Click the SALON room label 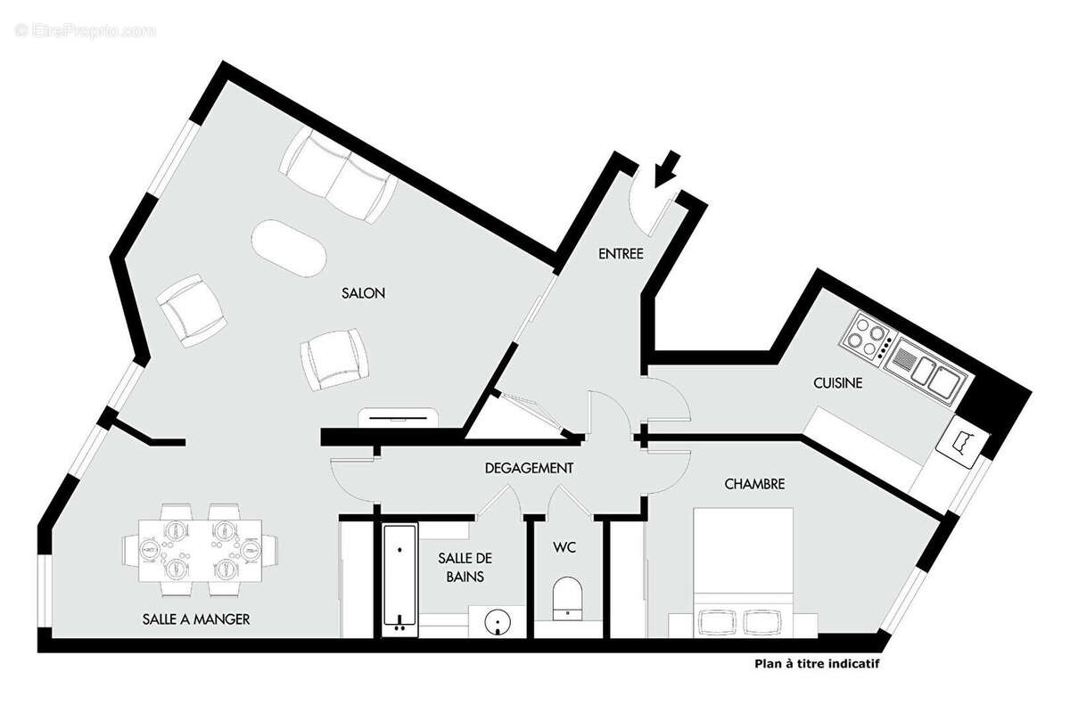(362, 293)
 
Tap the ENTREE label (621, 254)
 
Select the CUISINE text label (837, 383)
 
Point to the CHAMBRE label (754, 484)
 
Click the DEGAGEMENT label (529, 467)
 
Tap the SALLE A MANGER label (195, 619)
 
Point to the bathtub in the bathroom (399, 579)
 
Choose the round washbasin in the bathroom (496, 623)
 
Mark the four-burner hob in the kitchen (868, 337)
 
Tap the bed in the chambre (743, 570)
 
